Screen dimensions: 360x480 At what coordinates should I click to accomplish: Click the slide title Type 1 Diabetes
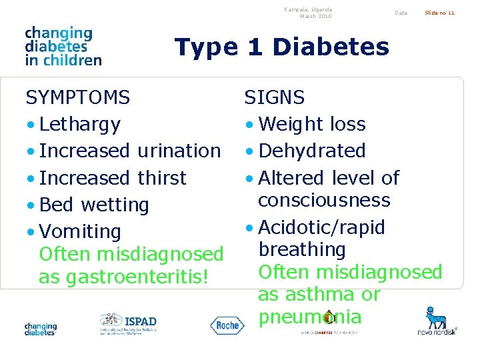tap(281, 47)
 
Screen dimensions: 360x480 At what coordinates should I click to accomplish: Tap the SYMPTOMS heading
tap(77, 98)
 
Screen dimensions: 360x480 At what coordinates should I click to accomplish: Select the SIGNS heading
tap(274, 98)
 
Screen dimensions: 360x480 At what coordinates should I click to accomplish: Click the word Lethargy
tap(79, 125)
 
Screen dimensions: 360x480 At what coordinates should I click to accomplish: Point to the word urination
tap(179, 151)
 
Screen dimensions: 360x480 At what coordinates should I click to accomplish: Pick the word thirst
tap(162, 178)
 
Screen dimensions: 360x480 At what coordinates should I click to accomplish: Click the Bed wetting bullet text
tap(93, 205)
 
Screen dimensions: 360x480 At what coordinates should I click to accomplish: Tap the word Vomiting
tap(80, 232)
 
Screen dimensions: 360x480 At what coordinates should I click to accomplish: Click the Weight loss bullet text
tap(311, 125)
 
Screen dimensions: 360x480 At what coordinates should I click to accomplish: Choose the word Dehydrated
tap(311, 151)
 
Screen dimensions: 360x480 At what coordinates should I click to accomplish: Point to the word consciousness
tap(324, 200)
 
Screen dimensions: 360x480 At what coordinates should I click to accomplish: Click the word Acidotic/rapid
tap(321, 227)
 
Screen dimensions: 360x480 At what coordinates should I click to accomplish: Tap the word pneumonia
tap(309, 317)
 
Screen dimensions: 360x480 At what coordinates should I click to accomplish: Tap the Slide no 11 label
tap(441, 13)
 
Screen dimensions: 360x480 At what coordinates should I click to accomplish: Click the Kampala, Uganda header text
tap(307, 10)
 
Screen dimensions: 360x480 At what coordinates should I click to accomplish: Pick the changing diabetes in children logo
tap(63, 46)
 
